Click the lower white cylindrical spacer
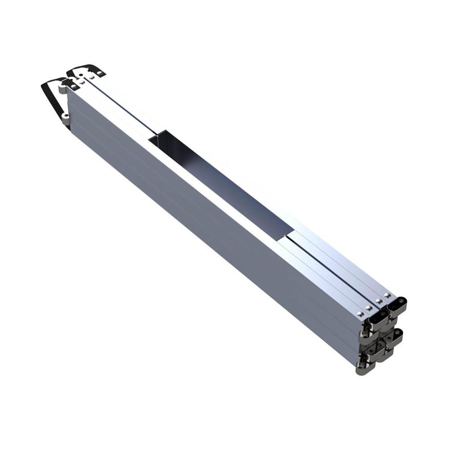pyautogui.click(x=66, y=118)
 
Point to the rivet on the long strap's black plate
pyautogui.click(x=73, y=86)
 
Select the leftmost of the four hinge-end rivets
pyautogui.click(x=359, y=313)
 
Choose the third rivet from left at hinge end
pyautogui.click(x=379, y=301)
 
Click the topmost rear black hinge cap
pyautogui.click(x=397, y=305)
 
